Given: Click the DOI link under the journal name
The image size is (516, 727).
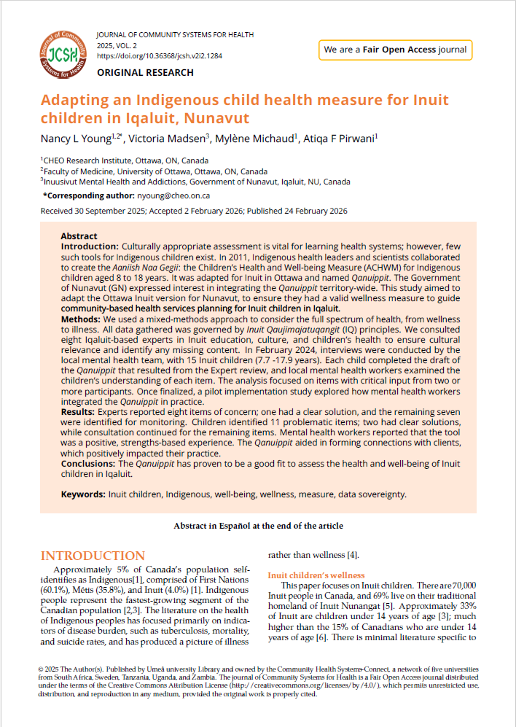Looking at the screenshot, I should [160, 55].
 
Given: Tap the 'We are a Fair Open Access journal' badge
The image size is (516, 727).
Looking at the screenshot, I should [394, 50].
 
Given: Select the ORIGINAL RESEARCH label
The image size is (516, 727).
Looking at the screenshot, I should [145, 72].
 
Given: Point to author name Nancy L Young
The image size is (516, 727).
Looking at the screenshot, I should [74, 139].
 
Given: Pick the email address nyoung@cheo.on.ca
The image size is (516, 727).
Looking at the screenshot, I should [173, 195].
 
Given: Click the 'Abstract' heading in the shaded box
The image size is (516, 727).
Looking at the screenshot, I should [79, 236].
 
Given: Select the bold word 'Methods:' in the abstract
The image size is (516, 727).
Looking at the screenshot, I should [81, 319].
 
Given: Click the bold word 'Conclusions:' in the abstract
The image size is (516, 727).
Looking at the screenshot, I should [88, 463].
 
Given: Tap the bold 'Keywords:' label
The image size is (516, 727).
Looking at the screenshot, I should [83, 494].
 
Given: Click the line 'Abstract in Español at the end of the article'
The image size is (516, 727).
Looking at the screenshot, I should [258, 525].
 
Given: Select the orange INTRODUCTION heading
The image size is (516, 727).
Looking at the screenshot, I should [93, 556].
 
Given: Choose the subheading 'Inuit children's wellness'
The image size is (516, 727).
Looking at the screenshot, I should [316, 575].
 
